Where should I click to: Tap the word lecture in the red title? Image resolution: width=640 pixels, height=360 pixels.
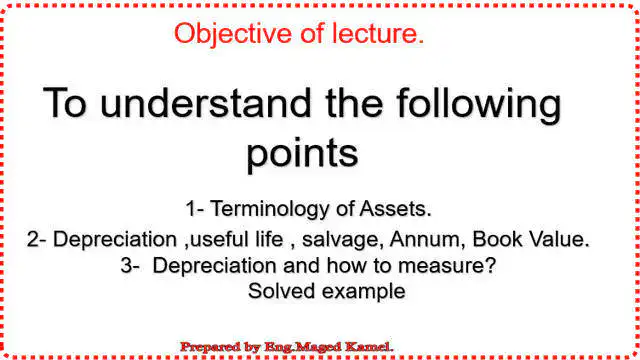(376, 33)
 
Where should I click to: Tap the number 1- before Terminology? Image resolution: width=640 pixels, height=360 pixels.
(195, 209)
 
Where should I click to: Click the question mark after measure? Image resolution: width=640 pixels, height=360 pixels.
(493, 266)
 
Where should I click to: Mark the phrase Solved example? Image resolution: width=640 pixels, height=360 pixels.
(326, 291)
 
